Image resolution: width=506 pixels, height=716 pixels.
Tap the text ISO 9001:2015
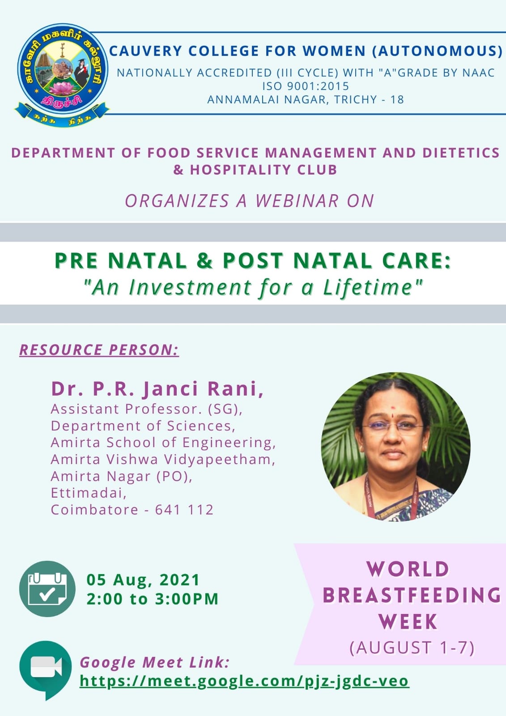[306, 86]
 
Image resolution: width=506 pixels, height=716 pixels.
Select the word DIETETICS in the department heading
[461, 153]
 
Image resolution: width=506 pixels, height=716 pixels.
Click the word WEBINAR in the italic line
[297, 201]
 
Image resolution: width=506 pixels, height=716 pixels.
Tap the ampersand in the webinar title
[204, 260]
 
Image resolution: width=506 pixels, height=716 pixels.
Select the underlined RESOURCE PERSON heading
[99, 349]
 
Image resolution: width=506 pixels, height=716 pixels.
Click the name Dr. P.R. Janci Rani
[157, 389]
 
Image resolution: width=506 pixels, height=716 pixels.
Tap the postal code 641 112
[184, 510]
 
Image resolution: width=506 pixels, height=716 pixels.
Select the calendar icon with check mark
[47, 588]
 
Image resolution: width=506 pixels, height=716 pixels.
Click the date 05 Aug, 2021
[143, 580]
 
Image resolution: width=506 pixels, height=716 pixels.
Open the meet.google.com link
[244, 681]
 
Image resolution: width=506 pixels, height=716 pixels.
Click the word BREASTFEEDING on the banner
[412, 595]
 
